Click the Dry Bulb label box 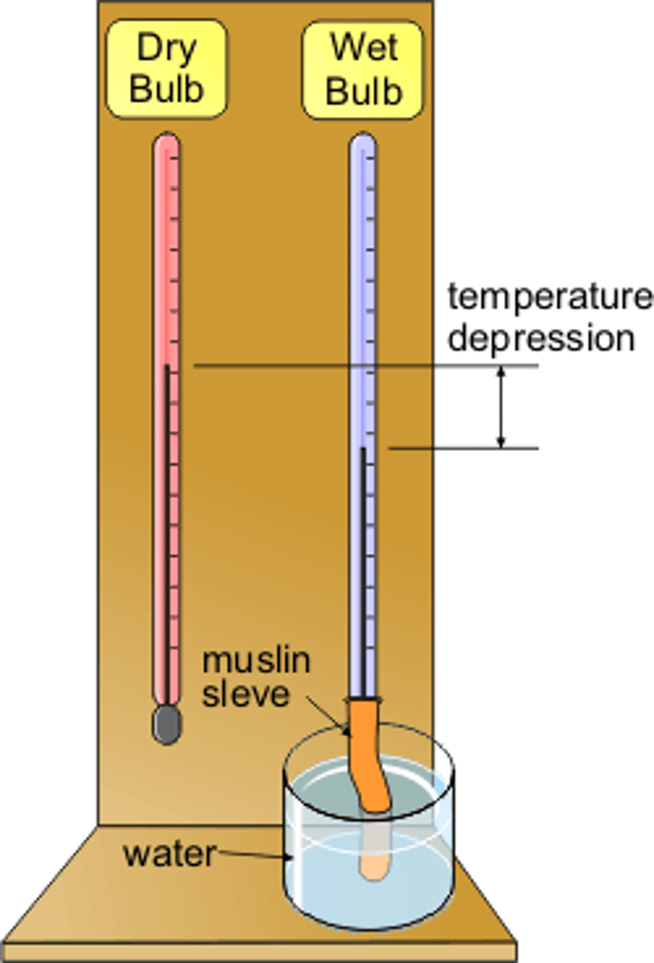pyautogui.click(x=166, y=70)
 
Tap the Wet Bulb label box pyautogui.click(x=363, y=70)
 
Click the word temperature pyautogui.click(x=550, y=297)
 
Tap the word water pyautogui.click(x=169, y=855)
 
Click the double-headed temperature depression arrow pyautogui.click(x=502, y=407)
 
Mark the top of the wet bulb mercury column pyautogui.click(x=363, y=449)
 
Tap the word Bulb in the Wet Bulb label pyautogui.click(x=363, y=91)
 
